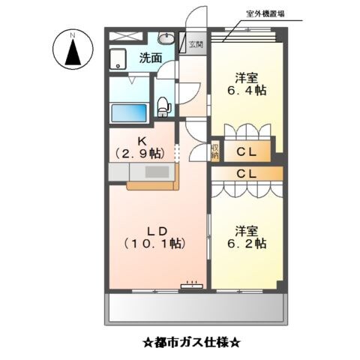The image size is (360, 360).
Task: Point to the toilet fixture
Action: click(x=165, y=106)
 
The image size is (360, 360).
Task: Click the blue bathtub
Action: click(x=130, y=112)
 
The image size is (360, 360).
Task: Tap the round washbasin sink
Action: click(x=166, y=40)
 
